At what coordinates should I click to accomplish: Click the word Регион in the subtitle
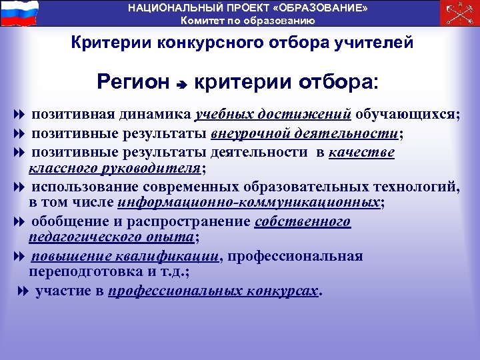tap(133, 83)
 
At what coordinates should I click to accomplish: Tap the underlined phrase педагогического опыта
tap(112, 237)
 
